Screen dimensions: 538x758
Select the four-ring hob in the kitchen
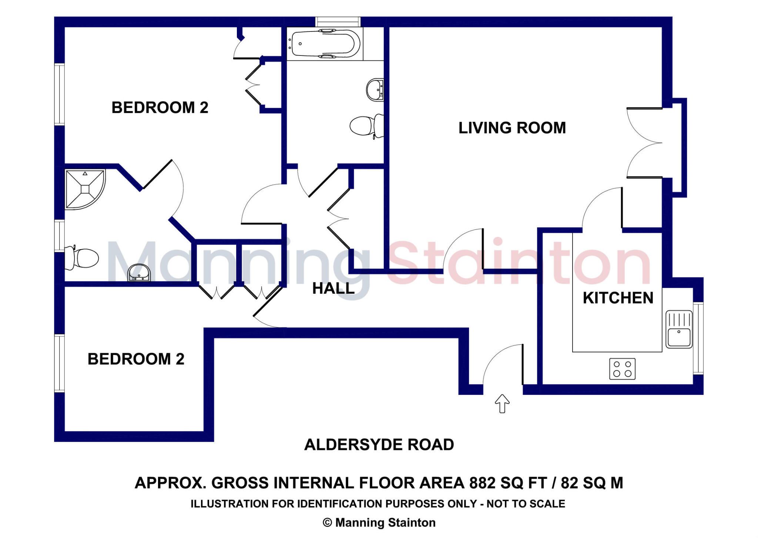(x=622, y=369)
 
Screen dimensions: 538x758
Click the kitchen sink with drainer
(x=679, y=329)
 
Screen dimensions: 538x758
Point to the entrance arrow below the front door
(x=502, y=403)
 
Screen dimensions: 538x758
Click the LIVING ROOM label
(x=512, y=128)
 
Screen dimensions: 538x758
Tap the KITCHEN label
(x=618, y=298)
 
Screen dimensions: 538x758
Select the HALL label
(x=333, y=289)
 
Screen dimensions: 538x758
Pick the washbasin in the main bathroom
(x=375, y=90)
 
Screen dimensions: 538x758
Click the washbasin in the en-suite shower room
(x=139, y=273)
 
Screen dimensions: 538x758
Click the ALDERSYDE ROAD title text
(x=379, y=445)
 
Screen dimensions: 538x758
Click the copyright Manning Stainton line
(x=379, y=522)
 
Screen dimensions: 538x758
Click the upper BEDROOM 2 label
(x=160, y=108)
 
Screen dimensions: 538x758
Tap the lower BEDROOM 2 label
(x=136, y=359)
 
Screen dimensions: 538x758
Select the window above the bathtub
(x=338, y=21)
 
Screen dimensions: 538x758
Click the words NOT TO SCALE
(x=526, y=504)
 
